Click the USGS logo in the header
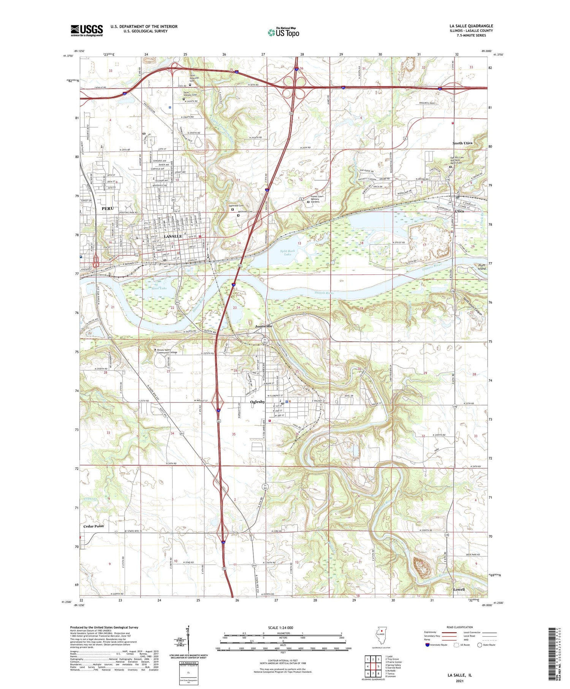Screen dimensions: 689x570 point(87,30)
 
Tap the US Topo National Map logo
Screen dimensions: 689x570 point(283,32)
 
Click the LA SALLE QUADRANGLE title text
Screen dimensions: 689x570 point(471,26)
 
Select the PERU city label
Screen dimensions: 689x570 point(108,208)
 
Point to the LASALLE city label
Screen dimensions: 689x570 point(173,236)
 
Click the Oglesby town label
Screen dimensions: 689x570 point(258,402)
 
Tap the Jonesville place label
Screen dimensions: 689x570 point(263,326)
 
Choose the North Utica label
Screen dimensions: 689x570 point(462,143)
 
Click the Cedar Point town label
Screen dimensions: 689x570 point(93,526)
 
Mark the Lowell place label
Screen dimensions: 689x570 point(459,589)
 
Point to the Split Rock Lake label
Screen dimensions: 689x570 point(288,252)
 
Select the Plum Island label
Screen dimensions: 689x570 point(482,267)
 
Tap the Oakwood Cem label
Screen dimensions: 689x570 point(236,206)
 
